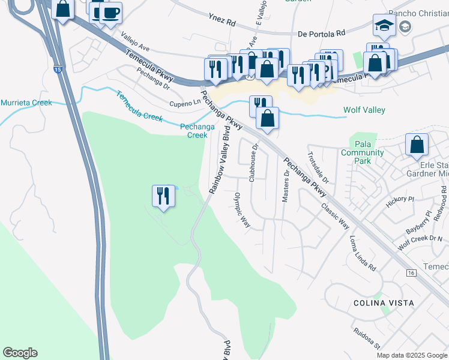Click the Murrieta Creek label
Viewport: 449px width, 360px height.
26,103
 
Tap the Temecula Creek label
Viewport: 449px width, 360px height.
139,107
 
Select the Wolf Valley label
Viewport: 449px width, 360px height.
364,110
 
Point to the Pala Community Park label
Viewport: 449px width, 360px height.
362,153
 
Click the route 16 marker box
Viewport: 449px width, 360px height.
411,273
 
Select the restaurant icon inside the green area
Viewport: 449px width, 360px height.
163,196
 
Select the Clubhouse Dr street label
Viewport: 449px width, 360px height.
253,163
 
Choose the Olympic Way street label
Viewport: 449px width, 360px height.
242,210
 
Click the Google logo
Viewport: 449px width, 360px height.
20,353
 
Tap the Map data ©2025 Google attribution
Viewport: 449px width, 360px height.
411,355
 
